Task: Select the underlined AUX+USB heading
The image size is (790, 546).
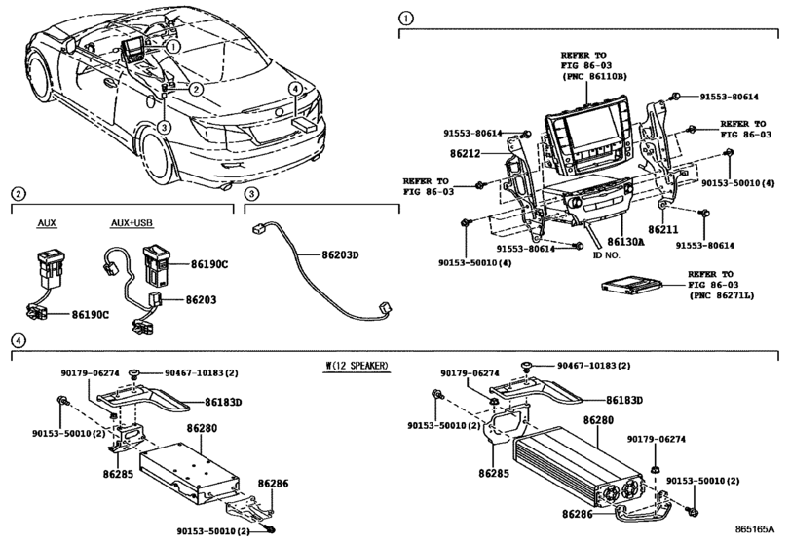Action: coord(131,223)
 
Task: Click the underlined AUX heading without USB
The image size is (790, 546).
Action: coord(47,223)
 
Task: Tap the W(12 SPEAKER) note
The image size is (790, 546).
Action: coord(357,366)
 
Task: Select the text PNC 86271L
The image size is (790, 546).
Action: coord(723,293)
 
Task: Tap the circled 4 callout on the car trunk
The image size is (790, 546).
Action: coord(292,88)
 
